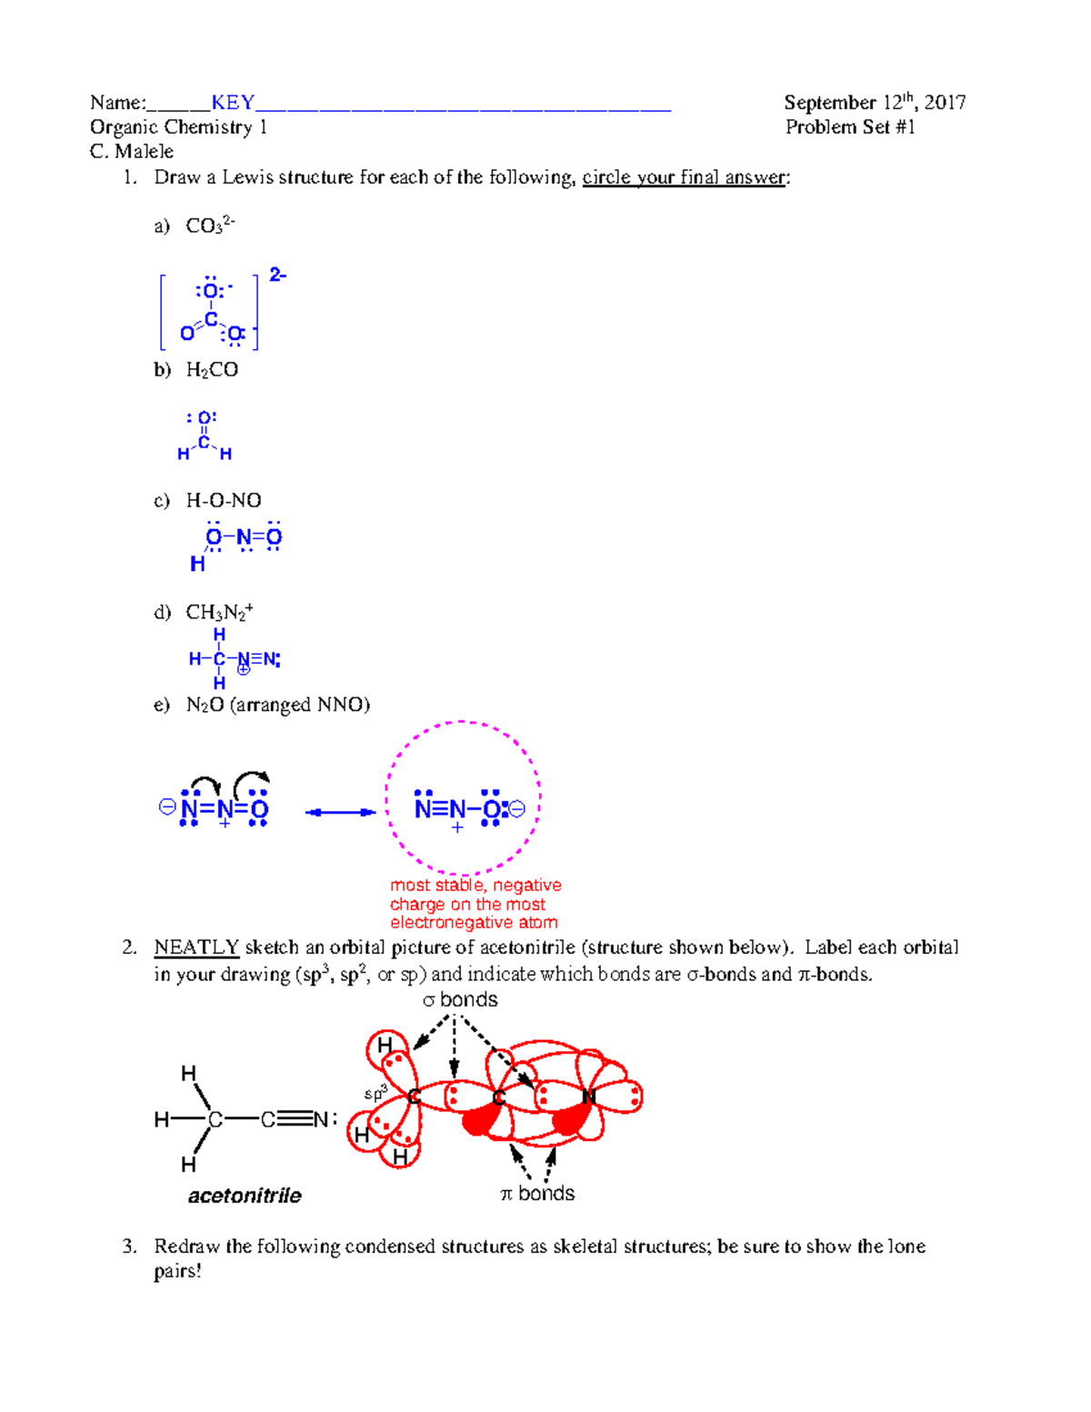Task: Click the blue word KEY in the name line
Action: point(233,102)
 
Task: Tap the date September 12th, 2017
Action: point(874,102)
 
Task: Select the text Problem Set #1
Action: point(850,127)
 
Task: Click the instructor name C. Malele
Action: point(132,151)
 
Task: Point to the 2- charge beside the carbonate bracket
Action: point(277,275)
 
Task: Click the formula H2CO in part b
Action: point(212,369)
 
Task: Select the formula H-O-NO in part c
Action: point(224,500)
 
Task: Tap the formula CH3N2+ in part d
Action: point(219,612)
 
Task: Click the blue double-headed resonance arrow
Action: point(340,812)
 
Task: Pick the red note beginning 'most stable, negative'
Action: point(475,904)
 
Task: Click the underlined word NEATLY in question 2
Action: point(196,947)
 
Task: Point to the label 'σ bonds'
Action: point(460,1000)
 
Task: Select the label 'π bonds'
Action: point(537,1194)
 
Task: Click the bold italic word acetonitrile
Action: point(245,1196)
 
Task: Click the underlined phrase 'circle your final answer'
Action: point(684,177)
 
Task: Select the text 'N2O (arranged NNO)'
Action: point(277,705)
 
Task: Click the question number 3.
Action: point(129,1246)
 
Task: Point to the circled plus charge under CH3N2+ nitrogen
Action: point(244,670)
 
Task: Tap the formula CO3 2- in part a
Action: point(210,225)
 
